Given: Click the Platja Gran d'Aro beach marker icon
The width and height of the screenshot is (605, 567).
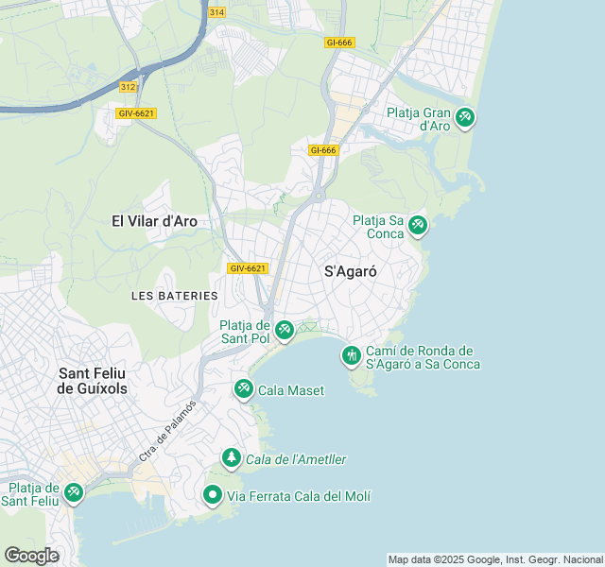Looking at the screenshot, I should [464, 118].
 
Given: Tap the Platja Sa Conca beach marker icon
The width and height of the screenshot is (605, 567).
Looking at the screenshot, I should [418, 226].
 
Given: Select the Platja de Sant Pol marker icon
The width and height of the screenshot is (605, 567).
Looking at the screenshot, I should [284, 331].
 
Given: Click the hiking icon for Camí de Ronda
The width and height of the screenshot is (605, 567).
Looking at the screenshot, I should [352, 355].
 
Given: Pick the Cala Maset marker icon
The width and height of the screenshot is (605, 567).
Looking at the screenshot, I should [244, 388].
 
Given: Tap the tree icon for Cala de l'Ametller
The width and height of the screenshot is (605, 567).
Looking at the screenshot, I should [232, 458].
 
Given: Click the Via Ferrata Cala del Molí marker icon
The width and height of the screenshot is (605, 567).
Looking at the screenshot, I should [214, 494].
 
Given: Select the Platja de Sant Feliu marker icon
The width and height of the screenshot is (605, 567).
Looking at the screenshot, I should [73, 492].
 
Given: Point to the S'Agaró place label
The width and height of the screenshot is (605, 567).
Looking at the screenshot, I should [351, 270].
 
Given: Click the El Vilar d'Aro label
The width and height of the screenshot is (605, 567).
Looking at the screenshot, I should [154, 221].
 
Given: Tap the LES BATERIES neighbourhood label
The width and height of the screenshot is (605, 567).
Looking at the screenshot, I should [175, 296].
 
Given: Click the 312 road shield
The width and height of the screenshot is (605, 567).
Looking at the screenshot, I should [129, 86].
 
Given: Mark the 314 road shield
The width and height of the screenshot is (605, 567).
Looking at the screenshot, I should [217, 12].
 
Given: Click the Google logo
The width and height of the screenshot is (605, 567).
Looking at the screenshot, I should [31, 556].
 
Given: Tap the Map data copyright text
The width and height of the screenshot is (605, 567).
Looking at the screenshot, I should [495, 559].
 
